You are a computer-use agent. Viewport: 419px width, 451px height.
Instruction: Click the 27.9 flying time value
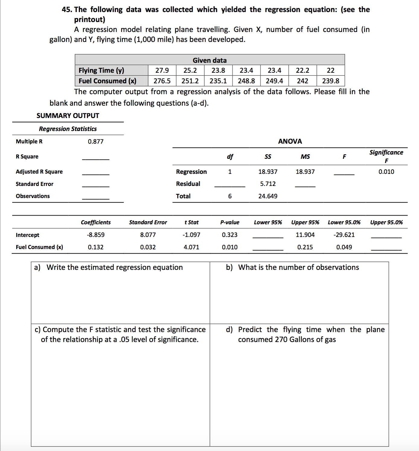tap(162, 70)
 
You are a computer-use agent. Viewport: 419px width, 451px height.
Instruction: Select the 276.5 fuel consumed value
tap(162, 81)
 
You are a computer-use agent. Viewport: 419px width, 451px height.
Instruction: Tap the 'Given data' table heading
tap(210, 60)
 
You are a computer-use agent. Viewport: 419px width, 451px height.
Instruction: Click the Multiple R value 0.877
tap(96, 142)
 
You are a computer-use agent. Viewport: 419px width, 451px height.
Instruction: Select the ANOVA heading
tap(290, 141)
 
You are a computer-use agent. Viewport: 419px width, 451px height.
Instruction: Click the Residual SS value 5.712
tap(268, 184)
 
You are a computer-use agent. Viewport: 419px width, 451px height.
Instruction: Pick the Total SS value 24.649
tap(268, 196)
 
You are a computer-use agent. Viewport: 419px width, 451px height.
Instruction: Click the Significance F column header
tap(386, 156)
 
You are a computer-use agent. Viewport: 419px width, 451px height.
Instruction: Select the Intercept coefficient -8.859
tap(96, 235)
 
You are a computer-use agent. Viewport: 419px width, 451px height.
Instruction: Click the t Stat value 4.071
tap(191, 247)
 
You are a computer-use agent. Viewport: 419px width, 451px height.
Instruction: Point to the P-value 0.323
tap(229, 235)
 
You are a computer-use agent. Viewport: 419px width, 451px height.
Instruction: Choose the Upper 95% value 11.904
tap(305, 235)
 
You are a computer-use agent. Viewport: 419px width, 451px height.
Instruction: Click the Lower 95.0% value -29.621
tap(344, 235)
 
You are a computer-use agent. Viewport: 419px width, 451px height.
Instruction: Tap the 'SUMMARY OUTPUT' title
tap(68, 116)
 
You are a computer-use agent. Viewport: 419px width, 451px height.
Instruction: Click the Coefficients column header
tap(96, 222)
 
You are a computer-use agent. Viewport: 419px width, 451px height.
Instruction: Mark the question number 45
tap(67, 10)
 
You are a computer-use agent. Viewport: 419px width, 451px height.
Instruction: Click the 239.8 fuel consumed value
tap(331, 81)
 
